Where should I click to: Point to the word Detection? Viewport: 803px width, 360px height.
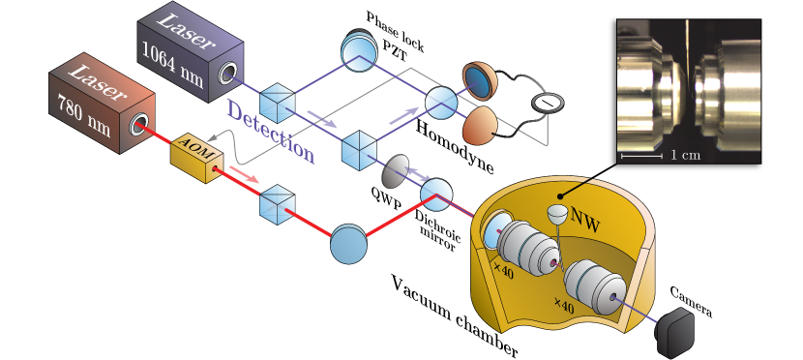271,132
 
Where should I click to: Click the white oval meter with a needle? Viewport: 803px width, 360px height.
548,102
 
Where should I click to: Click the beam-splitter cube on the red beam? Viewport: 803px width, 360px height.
275,202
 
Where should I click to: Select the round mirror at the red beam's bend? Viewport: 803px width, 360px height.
348,243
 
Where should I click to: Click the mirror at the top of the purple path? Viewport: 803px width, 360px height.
357,49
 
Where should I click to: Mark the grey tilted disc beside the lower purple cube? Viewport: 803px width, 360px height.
395,171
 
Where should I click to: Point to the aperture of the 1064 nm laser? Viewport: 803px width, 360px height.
229,74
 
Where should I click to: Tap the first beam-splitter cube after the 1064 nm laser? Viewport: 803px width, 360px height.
279,101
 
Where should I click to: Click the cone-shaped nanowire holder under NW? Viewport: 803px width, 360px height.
556,214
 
